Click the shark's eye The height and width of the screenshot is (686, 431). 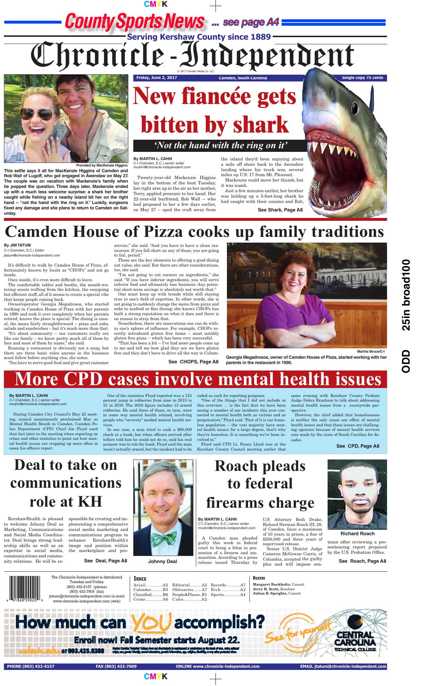tap(354, 107)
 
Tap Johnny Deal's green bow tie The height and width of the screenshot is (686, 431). tap(163, 535)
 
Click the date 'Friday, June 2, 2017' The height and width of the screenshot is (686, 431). tap(157, 78)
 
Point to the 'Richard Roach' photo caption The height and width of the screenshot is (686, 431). tap(357, 533)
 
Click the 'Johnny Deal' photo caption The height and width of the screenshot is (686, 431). tap(162, 561)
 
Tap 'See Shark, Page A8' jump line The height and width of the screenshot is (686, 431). tap(280, 210)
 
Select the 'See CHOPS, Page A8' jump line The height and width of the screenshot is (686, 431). tap(193, 362)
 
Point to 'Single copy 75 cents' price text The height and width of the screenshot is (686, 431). tap(362, 78)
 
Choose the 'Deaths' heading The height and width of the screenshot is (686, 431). tap(259, 578)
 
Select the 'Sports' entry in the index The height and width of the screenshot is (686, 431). tap(218, 595)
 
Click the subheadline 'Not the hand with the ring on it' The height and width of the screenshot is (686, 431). tap(221, 145)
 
